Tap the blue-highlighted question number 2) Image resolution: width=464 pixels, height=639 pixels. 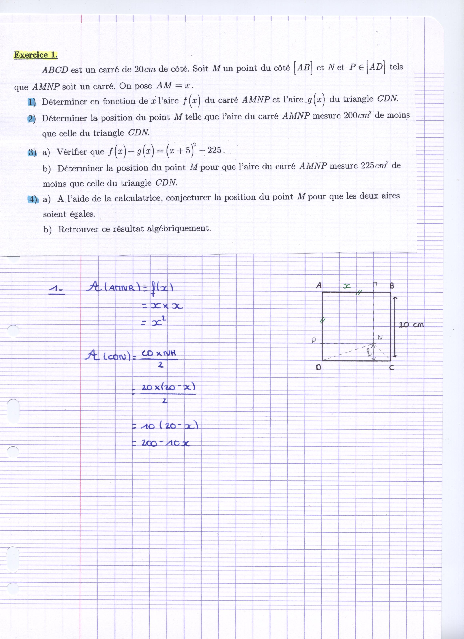click(32, 119)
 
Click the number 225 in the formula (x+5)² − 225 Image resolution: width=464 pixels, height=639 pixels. click(214, 150)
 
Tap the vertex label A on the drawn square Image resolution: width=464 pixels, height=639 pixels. click(319, 285)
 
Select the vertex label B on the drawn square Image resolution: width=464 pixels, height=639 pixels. click(392, 286)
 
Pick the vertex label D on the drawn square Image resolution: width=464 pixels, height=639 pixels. click(318, 367)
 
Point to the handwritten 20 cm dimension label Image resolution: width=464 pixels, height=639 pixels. click(411, 325)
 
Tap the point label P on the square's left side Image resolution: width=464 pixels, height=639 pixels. click(314, 341)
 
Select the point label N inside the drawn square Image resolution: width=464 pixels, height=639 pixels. click(380, 337)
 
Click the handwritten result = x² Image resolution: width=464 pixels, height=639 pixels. click(154, 322)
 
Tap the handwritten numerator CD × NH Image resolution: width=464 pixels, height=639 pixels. click(159, 353)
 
